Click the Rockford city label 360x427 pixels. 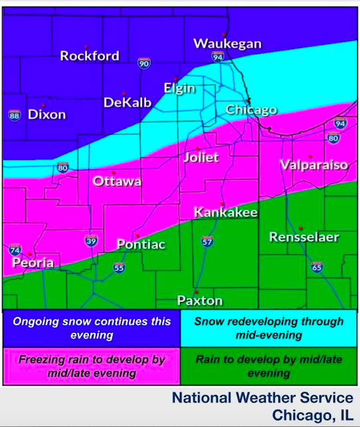point(90,56)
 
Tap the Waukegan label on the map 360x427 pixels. point(227,44)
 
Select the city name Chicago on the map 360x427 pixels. point(251,110)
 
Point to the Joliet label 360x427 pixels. point(201,158)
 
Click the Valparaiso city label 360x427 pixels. point(314,165)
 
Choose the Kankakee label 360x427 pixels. point(225,213)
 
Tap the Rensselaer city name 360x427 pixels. point(304,237)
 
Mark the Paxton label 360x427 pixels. point(200,301)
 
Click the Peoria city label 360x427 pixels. point(33,263)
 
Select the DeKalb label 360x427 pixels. point(128,102)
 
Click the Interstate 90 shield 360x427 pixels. point(144,63)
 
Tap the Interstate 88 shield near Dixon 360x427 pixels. point(15,115)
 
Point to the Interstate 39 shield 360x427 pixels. point(90,240)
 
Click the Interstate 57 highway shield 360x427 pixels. point(207,241)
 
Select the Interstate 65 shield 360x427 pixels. point(317,267)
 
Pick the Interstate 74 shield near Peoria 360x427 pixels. point(15,250)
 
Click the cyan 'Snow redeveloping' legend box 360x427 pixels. point(270,328)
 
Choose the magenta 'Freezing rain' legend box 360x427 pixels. point(92,367)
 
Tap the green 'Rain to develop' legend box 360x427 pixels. point(270,367)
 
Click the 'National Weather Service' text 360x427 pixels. point(262,398)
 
